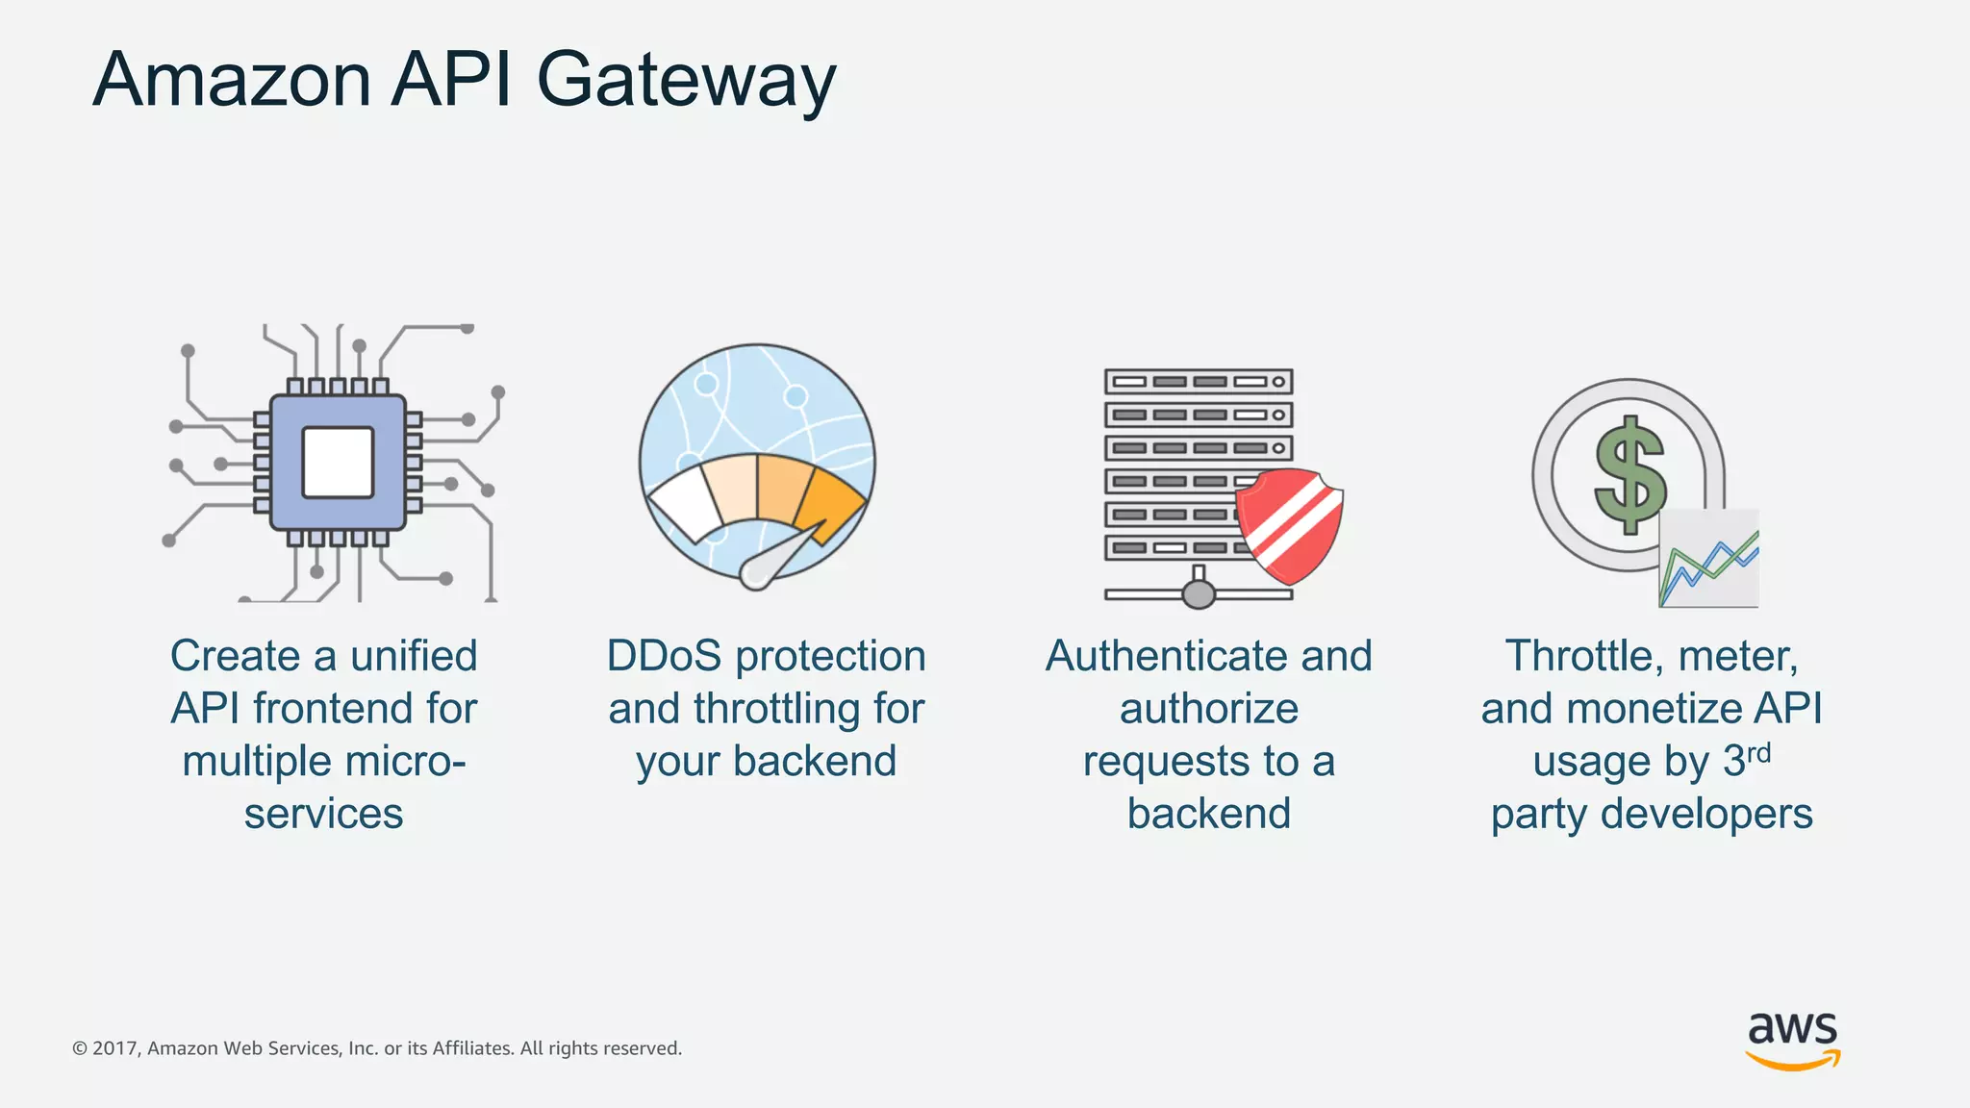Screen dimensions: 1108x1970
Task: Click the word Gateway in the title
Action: tap(685, 81)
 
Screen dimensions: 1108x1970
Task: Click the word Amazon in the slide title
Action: tap(232, 81)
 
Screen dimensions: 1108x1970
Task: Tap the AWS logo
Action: tap(1793, 1039)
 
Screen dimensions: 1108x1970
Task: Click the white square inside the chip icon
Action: tap(338, 463)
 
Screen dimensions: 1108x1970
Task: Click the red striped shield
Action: tap(1289, 524)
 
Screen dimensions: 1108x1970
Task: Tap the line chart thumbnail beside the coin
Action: tap(1709, 561)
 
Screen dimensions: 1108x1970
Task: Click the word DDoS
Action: tap(664, 656)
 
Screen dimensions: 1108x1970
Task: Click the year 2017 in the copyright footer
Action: tap(115, 1048)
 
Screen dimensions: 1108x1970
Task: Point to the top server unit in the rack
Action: tap(1199, 382)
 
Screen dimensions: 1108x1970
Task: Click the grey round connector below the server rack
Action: tap(1199, 593)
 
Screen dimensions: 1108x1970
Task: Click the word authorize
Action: tap(1209, 709)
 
